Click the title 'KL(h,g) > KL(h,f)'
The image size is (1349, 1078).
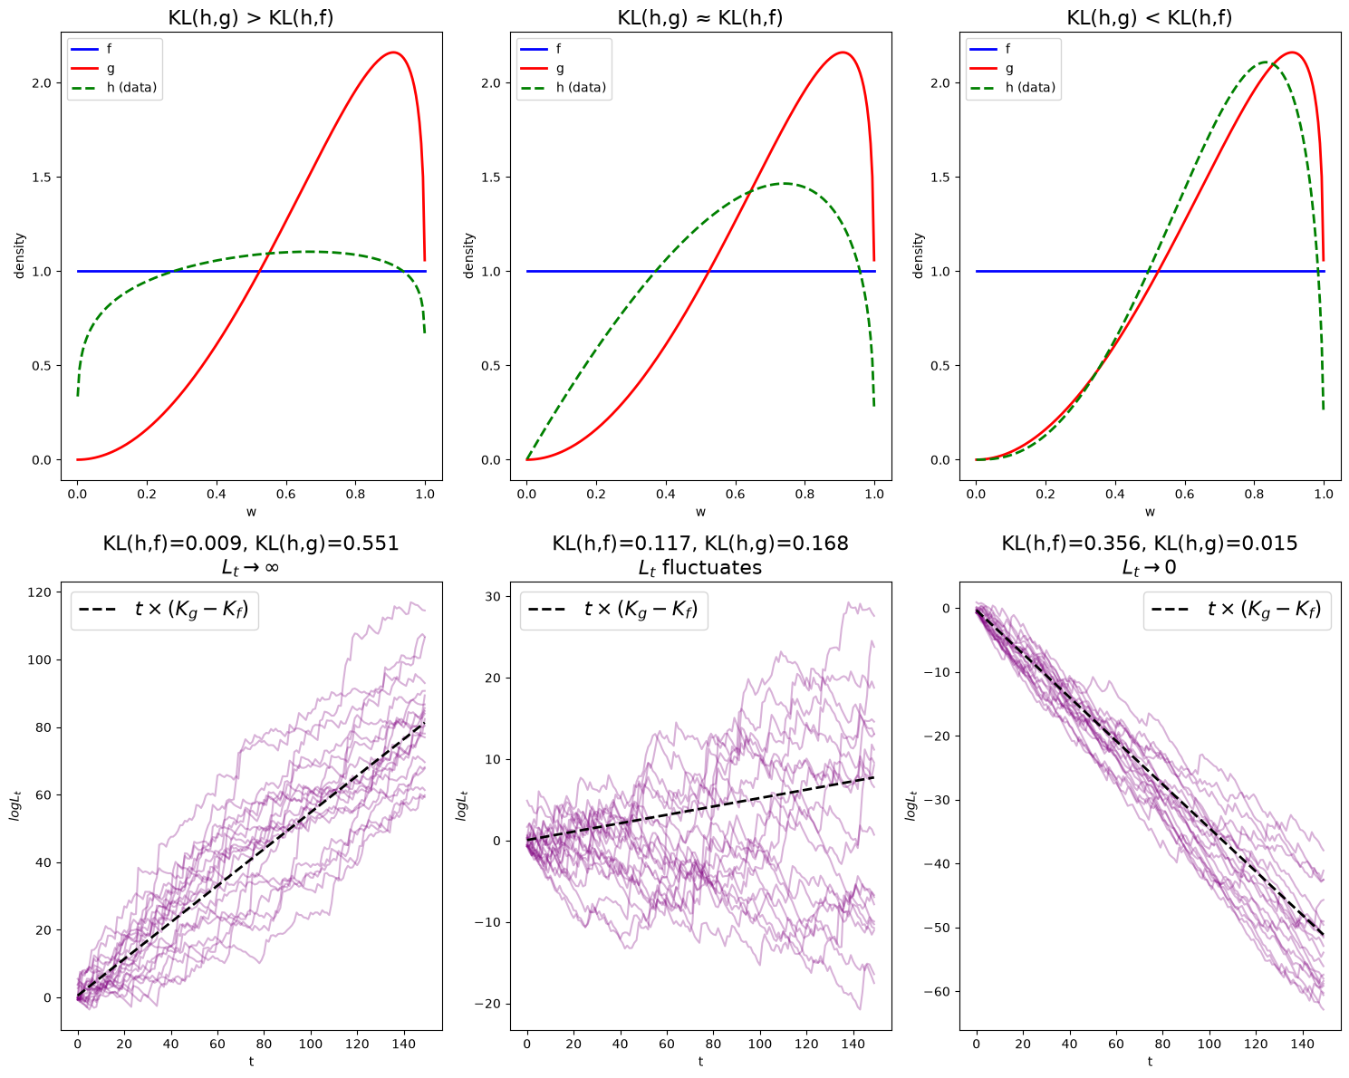[x=251, y=17]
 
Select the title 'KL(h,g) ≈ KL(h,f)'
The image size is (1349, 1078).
[x=699, y=17]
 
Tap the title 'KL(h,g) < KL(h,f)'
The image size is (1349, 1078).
[x=1149, y=17]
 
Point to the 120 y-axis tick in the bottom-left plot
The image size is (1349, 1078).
[x=40, y=592]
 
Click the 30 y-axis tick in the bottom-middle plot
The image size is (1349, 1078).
[x=493, y=596]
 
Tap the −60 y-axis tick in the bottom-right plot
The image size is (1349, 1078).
[x=937, y=992]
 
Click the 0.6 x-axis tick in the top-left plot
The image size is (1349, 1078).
[x=286, y=494]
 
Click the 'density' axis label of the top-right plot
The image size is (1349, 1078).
[x=919, y=255]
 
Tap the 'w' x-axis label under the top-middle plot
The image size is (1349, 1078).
[x=700, y=512]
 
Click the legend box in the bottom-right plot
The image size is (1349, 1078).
[x=1237, y=611]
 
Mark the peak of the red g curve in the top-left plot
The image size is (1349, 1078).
[x=394, y=52]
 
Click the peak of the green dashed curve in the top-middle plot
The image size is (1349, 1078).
[x=785, y=184]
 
